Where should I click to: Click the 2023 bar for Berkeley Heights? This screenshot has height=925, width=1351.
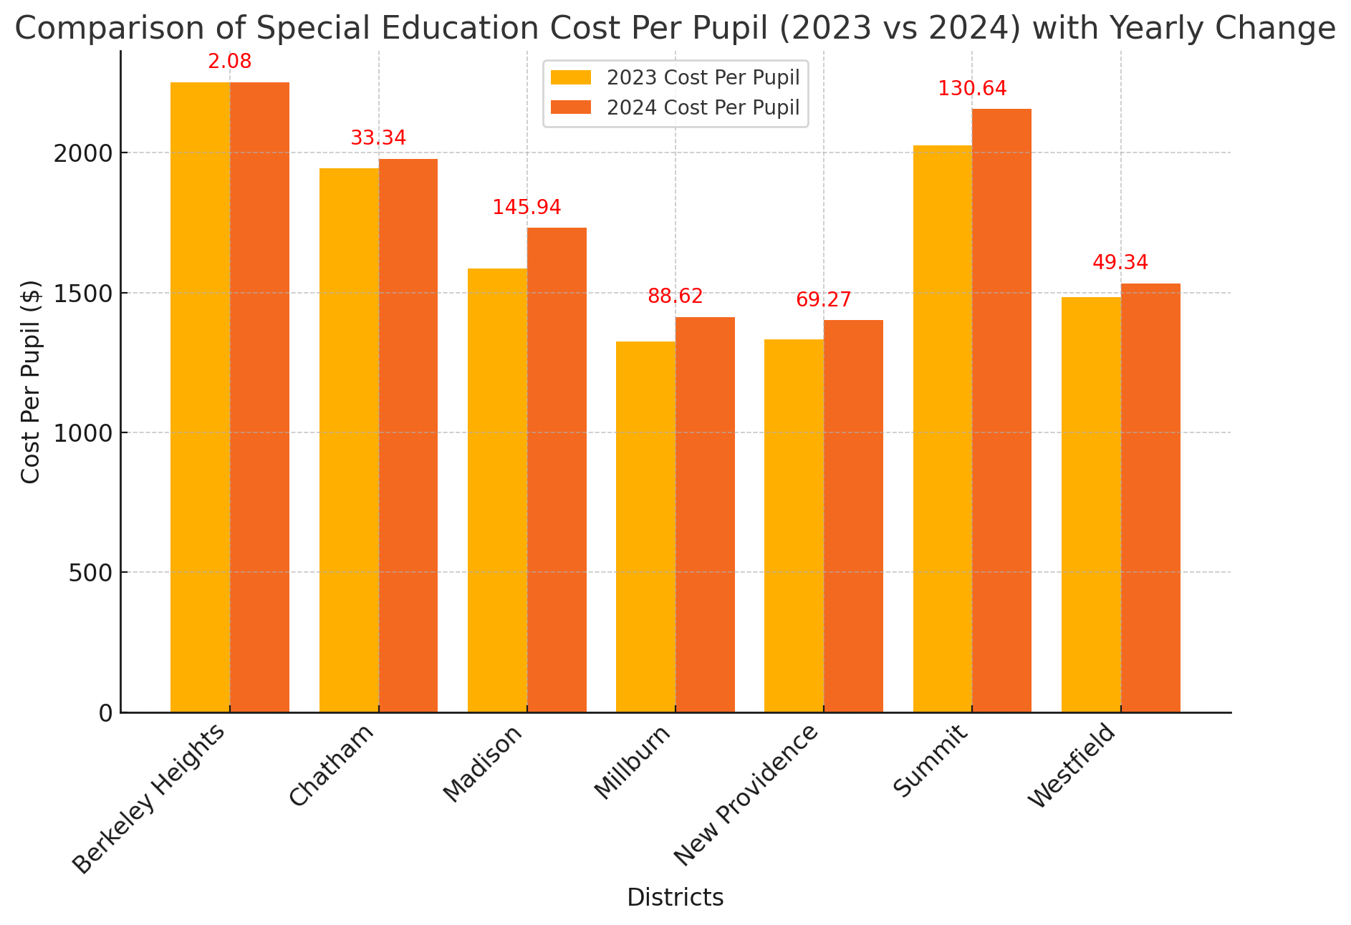coord(200,397)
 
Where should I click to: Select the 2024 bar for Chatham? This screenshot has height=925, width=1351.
coord(408,435)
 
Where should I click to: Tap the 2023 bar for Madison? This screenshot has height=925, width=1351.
coord(497,490)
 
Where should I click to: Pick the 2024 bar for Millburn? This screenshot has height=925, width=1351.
coord(705,515)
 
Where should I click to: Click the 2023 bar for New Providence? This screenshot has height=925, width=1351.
coord(794,526)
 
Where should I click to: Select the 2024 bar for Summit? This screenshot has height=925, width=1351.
coord(1001,410)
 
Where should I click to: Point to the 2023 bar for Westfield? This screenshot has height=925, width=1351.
coord(1091,505)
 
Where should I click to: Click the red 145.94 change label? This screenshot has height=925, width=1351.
coord(527,208)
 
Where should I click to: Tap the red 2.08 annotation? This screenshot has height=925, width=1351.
coord(230,62)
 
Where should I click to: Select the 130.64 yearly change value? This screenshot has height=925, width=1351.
coord(972,89)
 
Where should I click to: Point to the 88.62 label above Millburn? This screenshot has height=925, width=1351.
coord(675,296)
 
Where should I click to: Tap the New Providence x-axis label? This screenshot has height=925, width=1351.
coord(746,795)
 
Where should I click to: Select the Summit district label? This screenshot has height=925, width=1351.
coord(931,760)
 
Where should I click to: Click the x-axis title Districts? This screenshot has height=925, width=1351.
coord(675,897)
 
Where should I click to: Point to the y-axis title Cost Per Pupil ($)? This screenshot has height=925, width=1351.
coord(31,382)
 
